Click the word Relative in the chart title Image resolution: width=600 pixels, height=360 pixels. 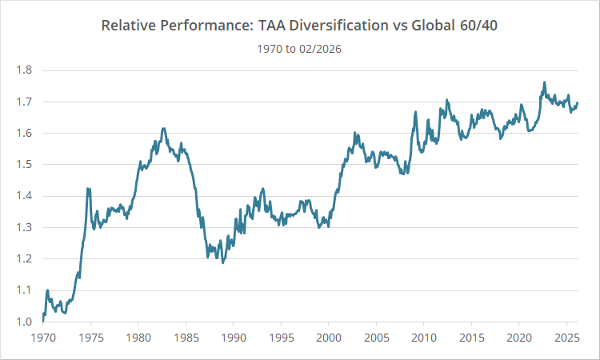[x=126, y=25]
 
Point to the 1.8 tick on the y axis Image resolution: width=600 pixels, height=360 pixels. [x=24, y=70]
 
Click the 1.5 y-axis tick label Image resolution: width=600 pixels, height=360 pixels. [x=24, y=165]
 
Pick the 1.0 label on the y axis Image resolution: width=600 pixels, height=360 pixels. [x=24, y=322]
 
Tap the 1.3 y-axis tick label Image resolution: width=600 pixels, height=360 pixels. [x=24, y=227]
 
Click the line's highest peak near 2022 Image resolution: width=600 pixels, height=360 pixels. [x=544, y=82]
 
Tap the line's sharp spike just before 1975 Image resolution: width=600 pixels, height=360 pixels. [x=87, y=189]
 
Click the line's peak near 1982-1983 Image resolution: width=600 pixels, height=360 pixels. [x=163, y=128]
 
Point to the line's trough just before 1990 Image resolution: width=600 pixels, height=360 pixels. [x=222, y=262]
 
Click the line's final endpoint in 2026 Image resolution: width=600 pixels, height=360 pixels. [x=578, y=102]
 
